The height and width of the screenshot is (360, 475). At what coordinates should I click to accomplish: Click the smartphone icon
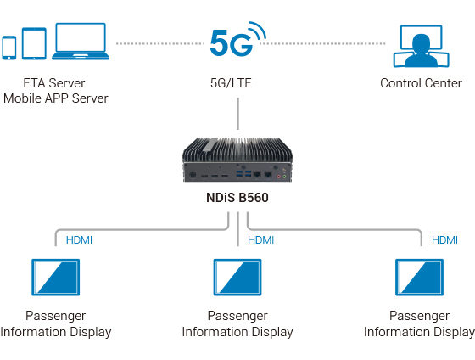(9, 47)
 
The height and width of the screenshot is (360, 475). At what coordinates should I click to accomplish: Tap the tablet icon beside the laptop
(33, 44)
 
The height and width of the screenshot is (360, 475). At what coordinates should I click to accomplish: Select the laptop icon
(80, 42)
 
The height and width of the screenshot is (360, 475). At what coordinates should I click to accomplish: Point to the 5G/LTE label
(231, 83)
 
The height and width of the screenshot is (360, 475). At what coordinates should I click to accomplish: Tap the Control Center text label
(421, 83)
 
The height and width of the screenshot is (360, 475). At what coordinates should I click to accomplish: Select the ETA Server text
(56, 83)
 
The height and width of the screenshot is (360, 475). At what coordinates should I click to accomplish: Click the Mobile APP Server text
(56, 98)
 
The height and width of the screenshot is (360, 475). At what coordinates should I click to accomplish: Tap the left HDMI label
(79, 240)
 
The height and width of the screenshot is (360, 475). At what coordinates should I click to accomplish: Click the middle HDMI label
(260, 240)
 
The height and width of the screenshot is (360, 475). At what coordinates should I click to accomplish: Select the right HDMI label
(444, 240)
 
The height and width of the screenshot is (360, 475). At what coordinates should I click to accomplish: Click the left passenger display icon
(56, 278)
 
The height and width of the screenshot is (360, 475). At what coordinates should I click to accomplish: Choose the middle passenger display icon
(237, 278)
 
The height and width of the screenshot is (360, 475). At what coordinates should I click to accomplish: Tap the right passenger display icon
(420, 278)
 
